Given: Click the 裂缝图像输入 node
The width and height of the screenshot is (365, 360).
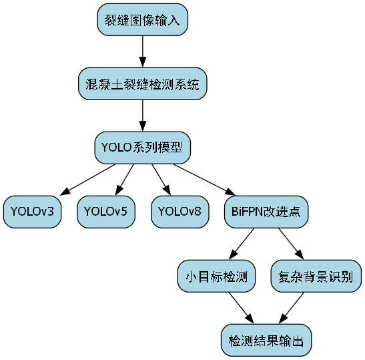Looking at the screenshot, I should [142, 19].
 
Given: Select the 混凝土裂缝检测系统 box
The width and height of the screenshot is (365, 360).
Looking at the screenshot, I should [142, 84].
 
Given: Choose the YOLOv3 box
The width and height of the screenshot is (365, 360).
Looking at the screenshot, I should [32, 212].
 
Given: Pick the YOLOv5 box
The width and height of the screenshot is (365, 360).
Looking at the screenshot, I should [105, 212].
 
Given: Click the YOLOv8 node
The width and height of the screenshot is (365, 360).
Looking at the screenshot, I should [179, 212].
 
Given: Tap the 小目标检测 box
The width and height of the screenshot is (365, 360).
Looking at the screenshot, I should [216, 277].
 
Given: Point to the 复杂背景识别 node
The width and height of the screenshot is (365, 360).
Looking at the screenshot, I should [316, 277].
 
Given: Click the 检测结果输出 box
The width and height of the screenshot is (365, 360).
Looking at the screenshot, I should [266, 341].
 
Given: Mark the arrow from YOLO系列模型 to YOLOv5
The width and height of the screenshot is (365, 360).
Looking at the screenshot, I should [124, 180].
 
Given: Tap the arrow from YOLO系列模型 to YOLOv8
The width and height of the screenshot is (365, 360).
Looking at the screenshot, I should [160, 180].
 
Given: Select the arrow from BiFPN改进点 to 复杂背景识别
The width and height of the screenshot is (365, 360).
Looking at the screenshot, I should [290, 244].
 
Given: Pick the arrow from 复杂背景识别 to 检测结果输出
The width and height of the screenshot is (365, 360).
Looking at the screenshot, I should [292, 309].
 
